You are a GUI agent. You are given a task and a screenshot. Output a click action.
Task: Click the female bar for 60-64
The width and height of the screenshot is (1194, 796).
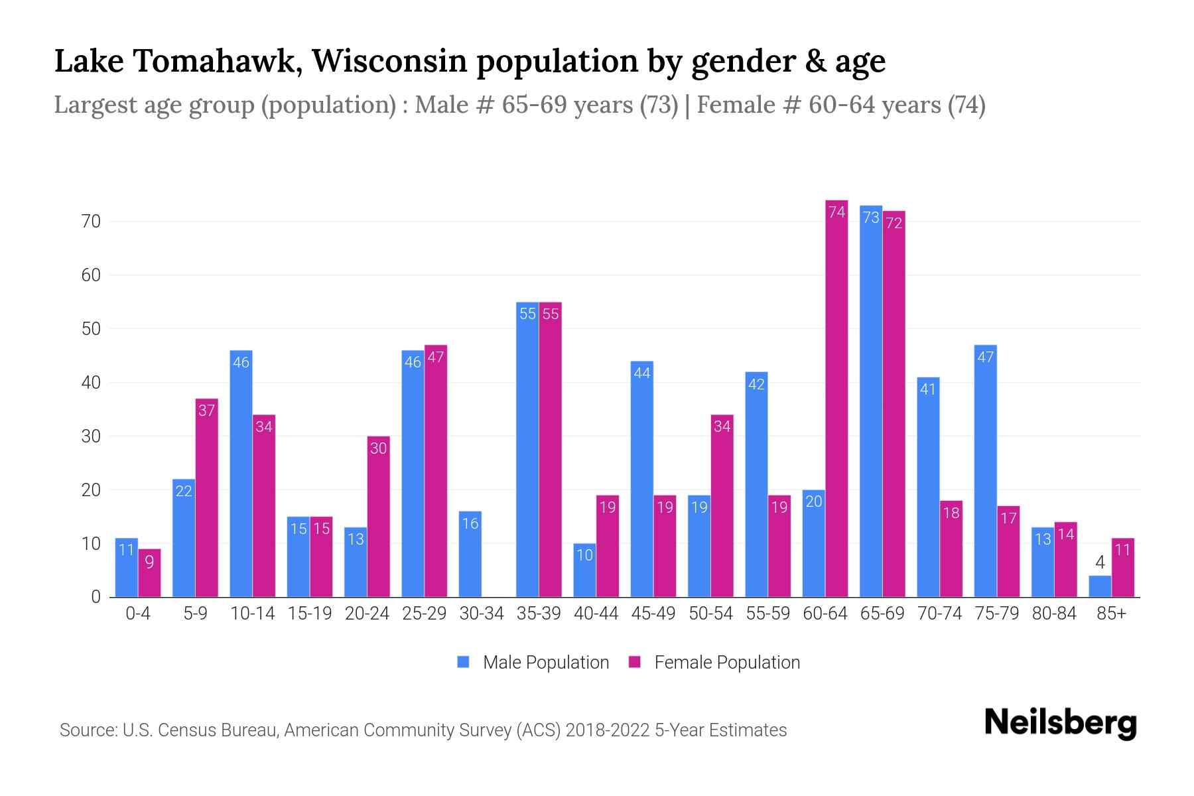tap(836, 398)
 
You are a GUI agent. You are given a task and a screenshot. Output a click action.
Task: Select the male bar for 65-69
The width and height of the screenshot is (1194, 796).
tap(871, 401)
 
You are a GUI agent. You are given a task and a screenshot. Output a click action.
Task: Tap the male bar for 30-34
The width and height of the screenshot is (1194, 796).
tap(470, 554)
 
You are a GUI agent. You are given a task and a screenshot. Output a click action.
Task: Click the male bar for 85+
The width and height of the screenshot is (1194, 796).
tap(1100, 586)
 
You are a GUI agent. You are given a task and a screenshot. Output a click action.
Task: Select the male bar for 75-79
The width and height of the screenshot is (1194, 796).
tap(986, 471)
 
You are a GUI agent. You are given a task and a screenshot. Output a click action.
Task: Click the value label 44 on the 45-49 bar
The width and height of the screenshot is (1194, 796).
tap(642, 373)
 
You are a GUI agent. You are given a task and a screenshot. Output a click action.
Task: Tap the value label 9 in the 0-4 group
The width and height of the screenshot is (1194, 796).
tap(149, 563)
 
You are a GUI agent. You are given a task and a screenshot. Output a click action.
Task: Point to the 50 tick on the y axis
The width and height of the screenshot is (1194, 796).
tap(91, 329)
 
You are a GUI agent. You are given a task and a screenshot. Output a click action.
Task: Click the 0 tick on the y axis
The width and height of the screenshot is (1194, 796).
tap(96, 597)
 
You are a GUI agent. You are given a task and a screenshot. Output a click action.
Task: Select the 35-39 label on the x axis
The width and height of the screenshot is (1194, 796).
tap(539, 614)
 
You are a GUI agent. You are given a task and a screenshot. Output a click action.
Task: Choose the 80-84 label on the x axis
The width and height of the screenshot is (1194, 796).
tap(1054, 614)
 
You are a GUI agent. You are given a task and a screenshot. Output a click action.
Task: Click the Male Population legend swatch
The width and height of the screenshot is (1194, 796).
tap(463, 662)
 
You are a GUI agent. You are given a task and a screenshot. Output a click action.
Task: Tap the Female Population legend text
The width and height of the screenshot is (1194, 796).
tap(727, 662)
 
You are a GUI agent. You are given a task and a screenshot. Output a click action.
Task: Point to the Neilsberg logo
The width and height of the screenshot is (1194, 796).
tap(1060, 723)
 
